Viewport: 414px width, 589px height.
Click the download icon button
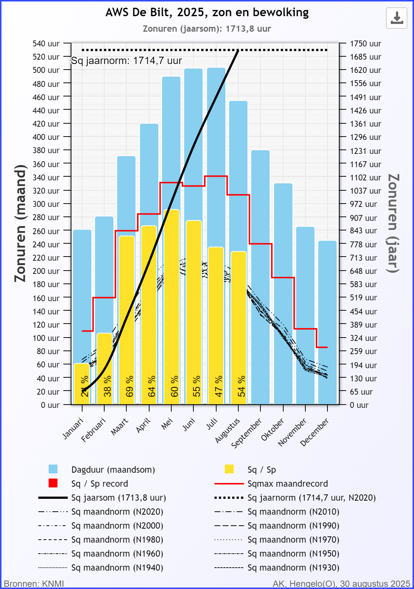(x=397, y=18)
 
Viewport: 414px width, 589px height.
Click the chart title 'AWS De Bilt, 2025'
(x=207, y=13)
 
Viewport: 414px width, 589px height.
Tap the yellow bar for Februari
(x=105, y=364)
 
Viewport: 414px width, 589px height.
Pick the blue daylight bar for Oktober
(x=283, y=294)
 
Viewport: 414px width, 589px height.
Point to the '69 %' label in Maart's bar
(x=130, y=386)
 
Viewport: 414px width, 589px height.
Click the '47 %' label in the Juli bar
(x=219, y=386)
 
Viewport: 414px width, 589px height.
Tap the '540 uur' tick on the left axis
(x=46, y=43)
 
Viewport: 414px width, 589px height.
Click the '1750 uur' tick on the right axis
(x=365, y=43)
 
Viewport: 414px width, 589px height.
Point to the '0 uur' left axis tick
(x=50, y=405)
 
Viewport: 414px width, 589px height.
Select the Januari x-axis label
(x=73, y=428)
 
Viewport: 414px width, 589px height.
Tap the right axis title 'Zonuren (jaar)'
(x=393, y=223)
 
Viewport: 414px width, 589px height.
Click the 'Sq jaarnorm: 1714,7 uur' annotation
(x=126, y=61)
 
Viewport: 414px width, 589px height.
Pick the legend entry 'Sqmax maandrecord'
(x=287, y=484)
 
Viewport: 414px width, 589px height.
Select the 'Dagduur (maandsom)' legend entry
(x=113, y=470)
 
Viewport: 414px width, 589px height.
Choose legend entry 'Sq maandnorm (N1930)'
(x=293, y=568)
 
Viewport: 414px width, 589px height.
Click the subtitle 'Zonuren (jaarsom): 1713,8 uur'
(x=207, y=29)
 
